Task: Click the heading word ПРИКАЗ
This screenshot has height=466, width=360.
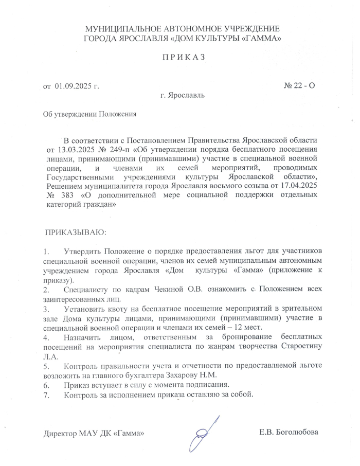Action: click(184, 57)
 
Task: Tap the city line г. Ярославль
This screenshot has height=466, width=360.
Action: click(183, 96)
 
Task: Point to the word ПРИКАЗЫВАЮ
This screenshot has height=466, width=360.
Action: click(76, 233)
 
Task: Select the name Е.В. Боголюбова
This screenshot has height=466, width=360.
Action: click(289, 432)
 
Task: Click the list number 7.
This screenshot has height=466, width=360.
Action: click(46, 395)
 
